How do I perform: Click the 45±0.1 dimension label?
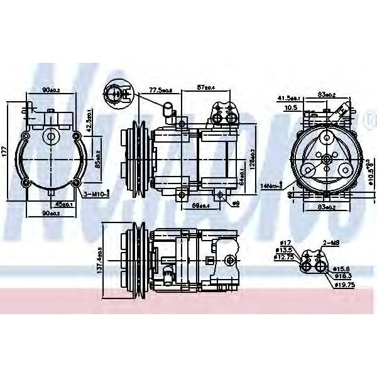point(62,204)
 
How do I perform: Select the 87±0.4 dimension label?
point(205,86)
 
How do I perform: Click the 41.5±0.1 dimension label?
point(290,97)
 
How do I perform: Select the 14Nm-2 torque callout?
point(271,185)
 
